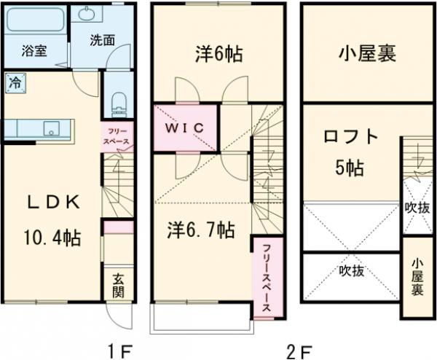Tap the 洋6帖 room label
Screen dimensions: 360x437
(x=219, y=53)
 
